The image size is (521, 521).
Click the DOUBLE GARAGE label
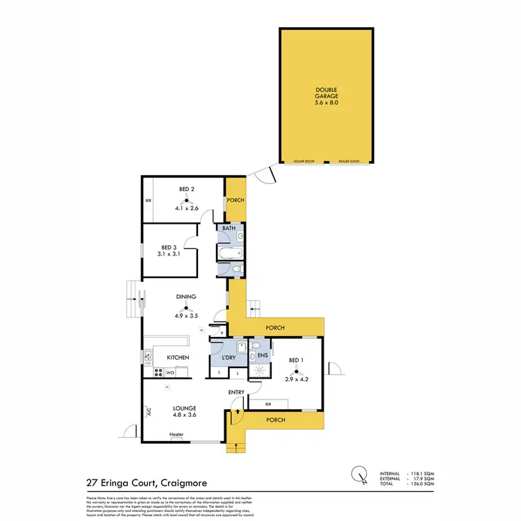tap(326, 92)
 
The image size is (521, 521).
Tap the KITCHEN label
tap(178, 357)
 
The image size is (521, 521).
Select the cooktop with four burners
tap(148, 357)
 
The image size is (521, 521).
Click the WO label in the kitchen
tap(170, 372)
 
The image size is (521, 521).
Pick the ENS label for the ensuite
tap(263, 357)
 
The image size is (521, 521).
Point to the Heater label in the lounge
tap(176, 436)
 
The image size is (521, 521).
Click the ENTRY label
tap(237, 392)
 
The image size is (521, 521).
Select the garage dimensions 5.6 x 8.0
tap(326, 103)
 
